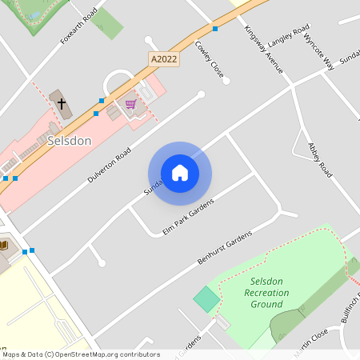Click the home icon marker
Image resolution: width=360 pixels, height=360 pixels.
(179, 173)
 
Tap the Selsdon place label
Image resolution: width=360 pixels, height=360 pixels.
(70, 141)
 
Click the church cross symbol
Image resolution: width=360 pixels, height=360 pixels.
(61, 103)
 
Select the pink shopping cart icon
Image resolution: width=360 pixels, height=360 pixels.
(130, 104)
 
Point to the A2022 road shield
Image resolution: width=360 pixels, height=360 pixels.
(163, 58)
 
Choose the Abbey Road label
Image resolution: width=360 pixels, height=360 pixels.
(320, 160)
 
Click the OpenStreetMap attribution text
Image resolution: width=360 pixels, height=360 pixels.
(80, 354)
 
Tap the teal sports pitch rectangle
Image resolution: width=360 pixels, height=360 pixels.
(206, 300)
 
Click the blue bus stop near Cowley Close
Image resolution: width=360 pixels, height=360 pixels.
(215, 29)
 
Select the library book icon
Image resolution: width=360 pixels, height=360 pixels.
(3, 245)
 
